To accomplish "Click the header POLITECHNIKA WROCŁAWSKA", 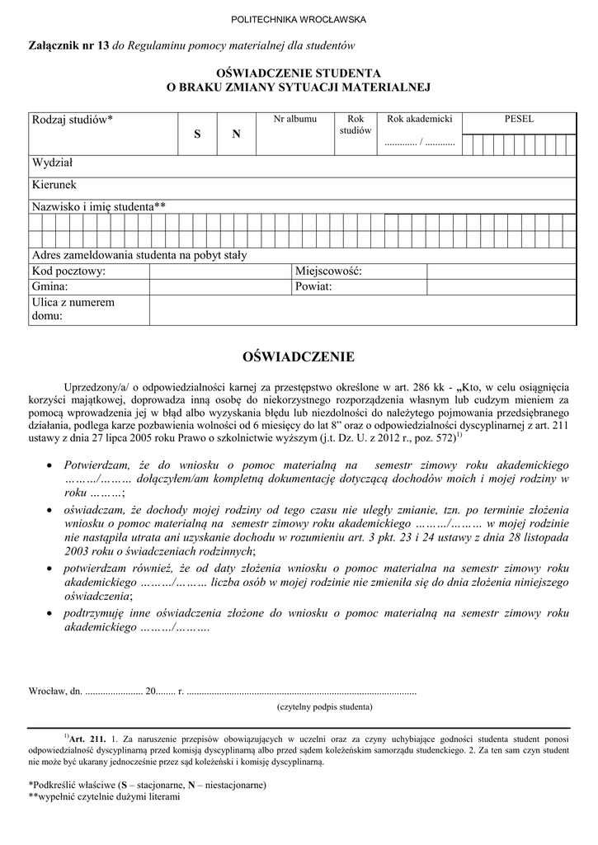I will coord(299,19).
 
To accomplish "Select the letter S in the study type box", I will coord(197,134).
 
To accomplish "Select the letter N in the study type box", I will coord(236,134).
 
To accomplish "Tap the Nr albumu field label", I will coord(294,120).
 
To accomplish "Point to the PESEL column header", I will coord(519,120).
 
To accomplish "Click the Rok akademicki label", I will coord(420,120).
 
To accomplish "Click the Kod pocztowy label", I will coord(69,271).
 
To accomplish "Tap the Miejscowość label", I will coord(328,271).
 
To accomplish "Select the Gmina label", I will coord(50,286).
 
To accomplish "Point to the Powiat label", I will coord(313,286).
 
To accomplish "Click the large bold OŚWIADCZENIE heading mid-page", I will coord(299,356).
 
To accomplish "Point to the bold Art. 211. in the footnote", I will coord(88,738).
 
